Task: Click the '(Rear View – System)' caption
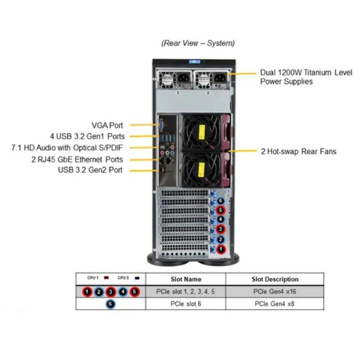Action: point(198,43)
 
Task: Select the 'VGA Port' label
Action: point(107,125)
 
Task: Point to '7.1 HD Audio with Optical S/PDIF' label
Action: point(67,148)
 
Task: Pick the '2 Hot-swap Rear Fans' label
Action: point(299,151)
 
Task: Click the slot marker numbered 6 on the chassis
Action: point(220,200)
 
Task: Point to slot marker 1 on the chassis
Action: point(220,248)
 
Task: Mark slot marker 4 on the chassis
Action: point(220,220)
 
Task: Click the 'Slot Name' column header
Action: point(186,279)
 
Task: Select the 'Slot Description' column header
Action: point(275,279)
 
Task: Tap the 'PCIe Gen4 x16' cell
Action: point(275,292)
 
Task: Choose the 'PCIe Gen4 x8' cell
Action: point(275,304)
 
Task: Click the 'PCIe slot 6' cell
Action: point(186,304)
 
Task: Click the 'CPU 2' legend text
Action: point(123,278)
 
